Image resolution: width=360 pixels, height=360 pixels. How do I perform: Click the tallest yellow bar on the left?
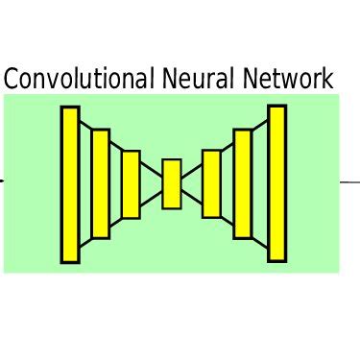click(x=70, y=184)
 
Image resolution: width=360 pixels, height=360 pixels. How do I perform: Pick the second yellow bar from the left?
click(x=100, y=183)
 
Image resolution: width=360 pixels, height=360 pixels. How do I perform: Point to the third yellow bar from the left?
click(x=131, y=184)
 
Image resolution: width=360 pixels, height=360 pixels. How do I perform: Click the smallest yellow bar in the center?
click(x=172, y=183)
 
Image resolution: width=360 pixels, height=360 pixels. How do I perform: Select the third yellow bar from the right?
click(x=211, y=183)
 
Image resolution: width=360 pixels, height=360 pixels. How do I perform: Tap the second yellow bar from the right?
click(x=242, y=183)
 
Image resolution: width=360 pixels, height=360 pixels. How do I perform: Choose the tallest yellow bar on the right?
click(x=276, y=183)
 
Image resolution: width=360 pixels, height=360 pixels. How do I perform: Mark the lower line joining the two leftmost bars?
click(x=85, y=246)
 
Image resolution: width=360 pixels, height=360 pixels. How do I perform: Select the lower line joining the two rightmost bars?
click(x=259, y=246)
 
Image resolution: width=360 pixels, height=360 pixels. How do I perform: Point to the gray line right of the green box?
click(x=349, y=180)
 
